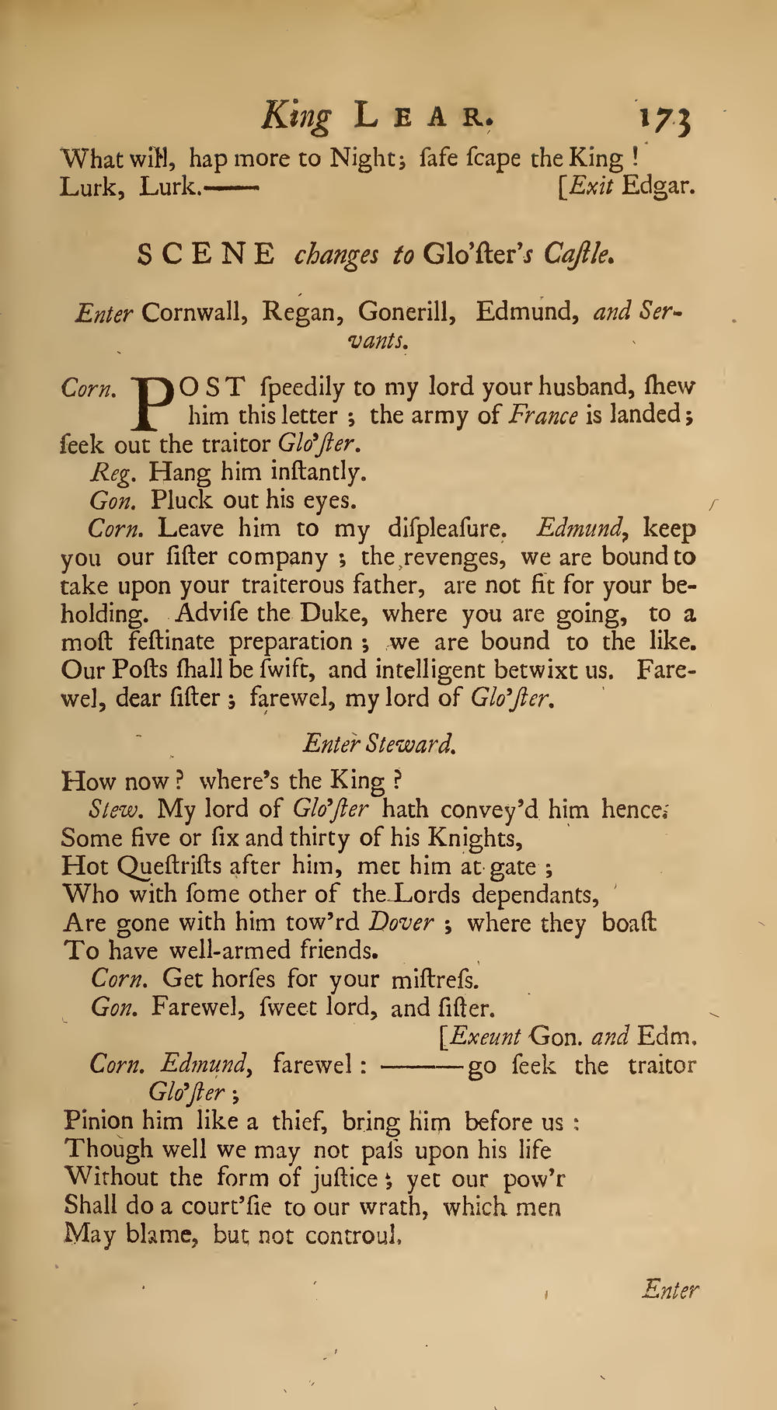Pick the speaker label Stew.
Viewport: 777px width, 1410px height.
tap(116, 809)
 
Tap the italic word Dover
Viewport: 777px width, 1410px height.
tap(400, 923)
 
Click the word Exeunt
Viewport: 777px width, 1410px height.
tap(486, 1037)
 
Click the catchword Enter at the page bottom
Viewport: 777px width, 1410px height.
tap(671, 1290)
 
